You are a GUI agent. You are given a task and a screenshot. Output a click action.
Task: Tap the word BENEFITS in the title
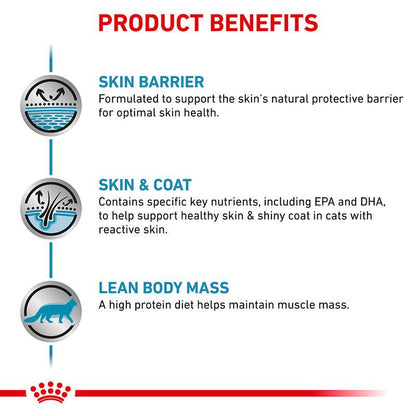[x=264, y=21]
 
